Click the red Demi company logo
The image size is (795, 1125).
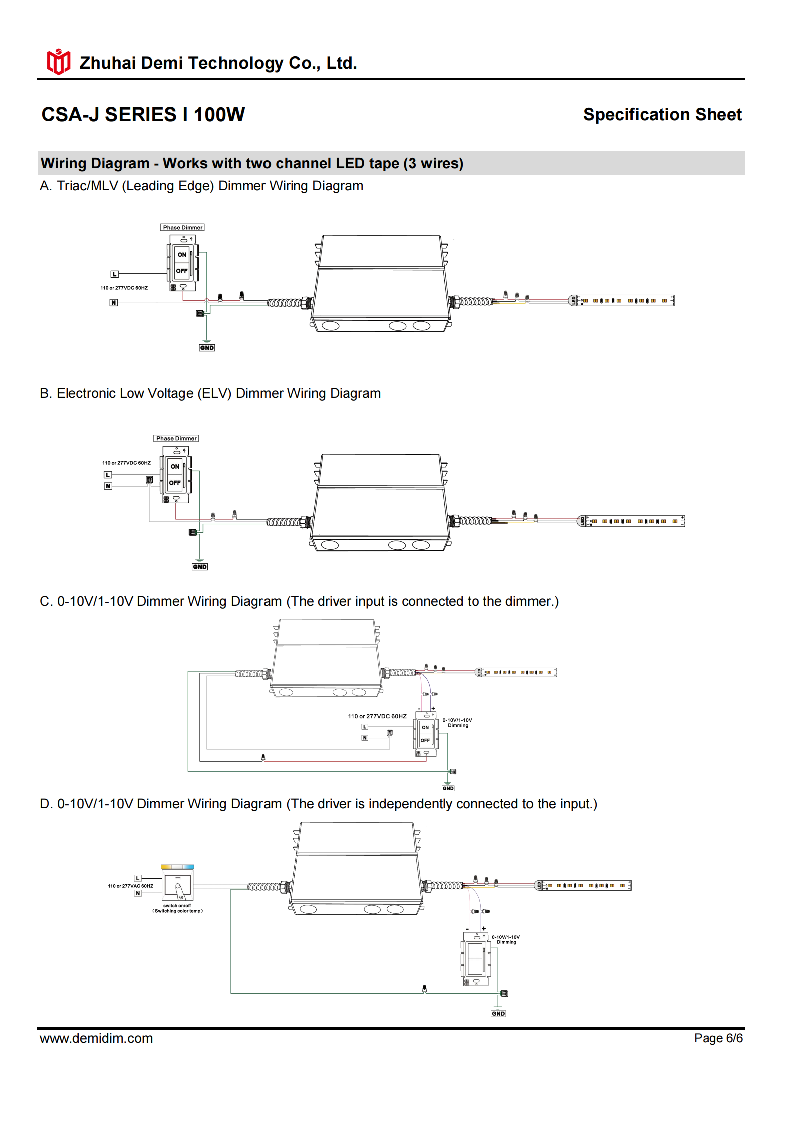pos(58,62)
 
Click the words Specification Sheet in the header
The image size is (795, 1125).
pos(662,115)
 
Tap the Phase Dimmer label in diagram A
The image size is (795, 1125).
pos(182,228)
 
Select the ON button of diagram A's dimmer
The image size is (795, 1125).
pos(182,254)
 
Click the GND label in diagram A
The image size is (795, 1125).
pos(207,348)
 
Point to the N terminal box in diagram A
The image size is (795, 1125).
pos(114,303)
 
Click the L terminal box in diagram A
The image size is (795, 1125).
pos(114,274)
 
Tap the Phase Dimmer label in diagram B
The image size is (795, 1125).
pos(176,439)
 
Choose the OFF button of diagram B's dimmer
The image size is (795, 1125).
pos(175,483)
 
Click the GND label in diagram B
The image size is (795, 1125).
pos(199,567)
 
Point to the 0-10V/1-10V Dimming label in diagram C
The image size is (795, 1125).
pos(457,723)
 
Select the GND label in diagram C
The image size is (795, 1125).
pos(448,788)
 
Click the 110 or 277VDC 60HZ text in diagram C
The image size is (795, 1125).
pos(377,716)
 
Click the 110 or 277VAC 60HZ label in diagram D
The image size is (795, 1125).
pos(130,886)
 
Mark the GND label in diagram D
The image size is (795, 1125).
pos(498,1013)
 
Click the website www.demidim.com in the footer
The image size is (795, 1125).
pos(96,1038)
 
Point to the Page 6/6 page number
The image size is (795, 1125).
pos(718,1038)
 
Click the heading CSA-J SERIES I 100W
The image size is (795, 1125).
pos(143,115)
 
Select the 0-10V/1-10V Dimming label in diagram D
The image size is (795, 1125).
pos(506,939)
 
